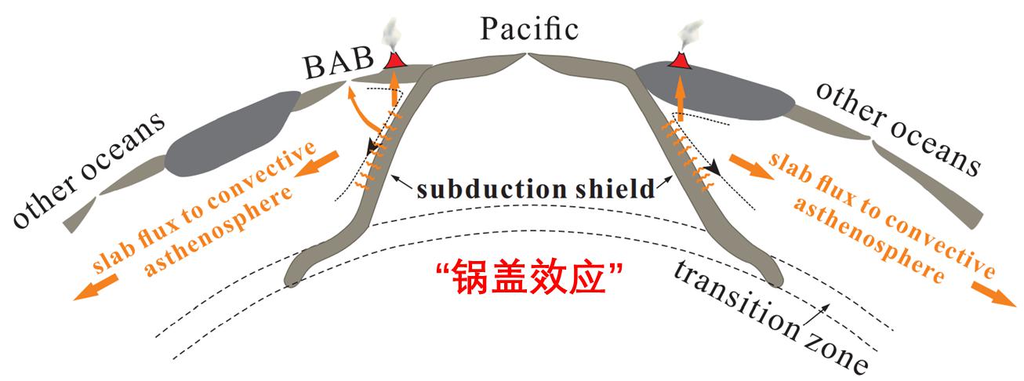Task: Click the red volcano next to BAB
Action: pyautogui.click(x=395, y=60)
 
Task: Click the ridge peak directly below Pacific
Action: pyautogui.click(x=528, y=55)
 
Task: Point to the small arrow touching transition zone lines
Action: pyautogui.click(x=822, y=313)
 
